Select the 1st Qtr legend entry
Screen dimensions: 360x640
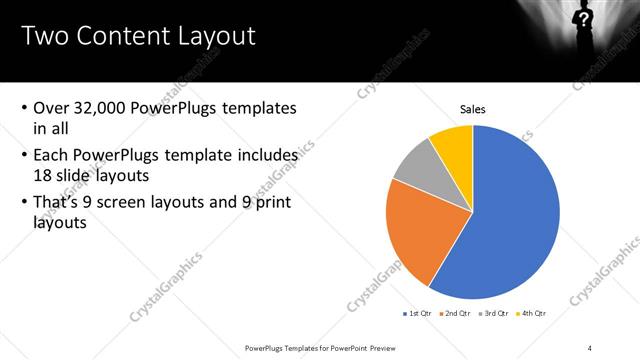pyautogui.click(x=417, y=313)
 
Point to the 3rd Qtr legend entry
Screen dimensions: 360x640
pyautogui.click(x=495, y=313)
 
